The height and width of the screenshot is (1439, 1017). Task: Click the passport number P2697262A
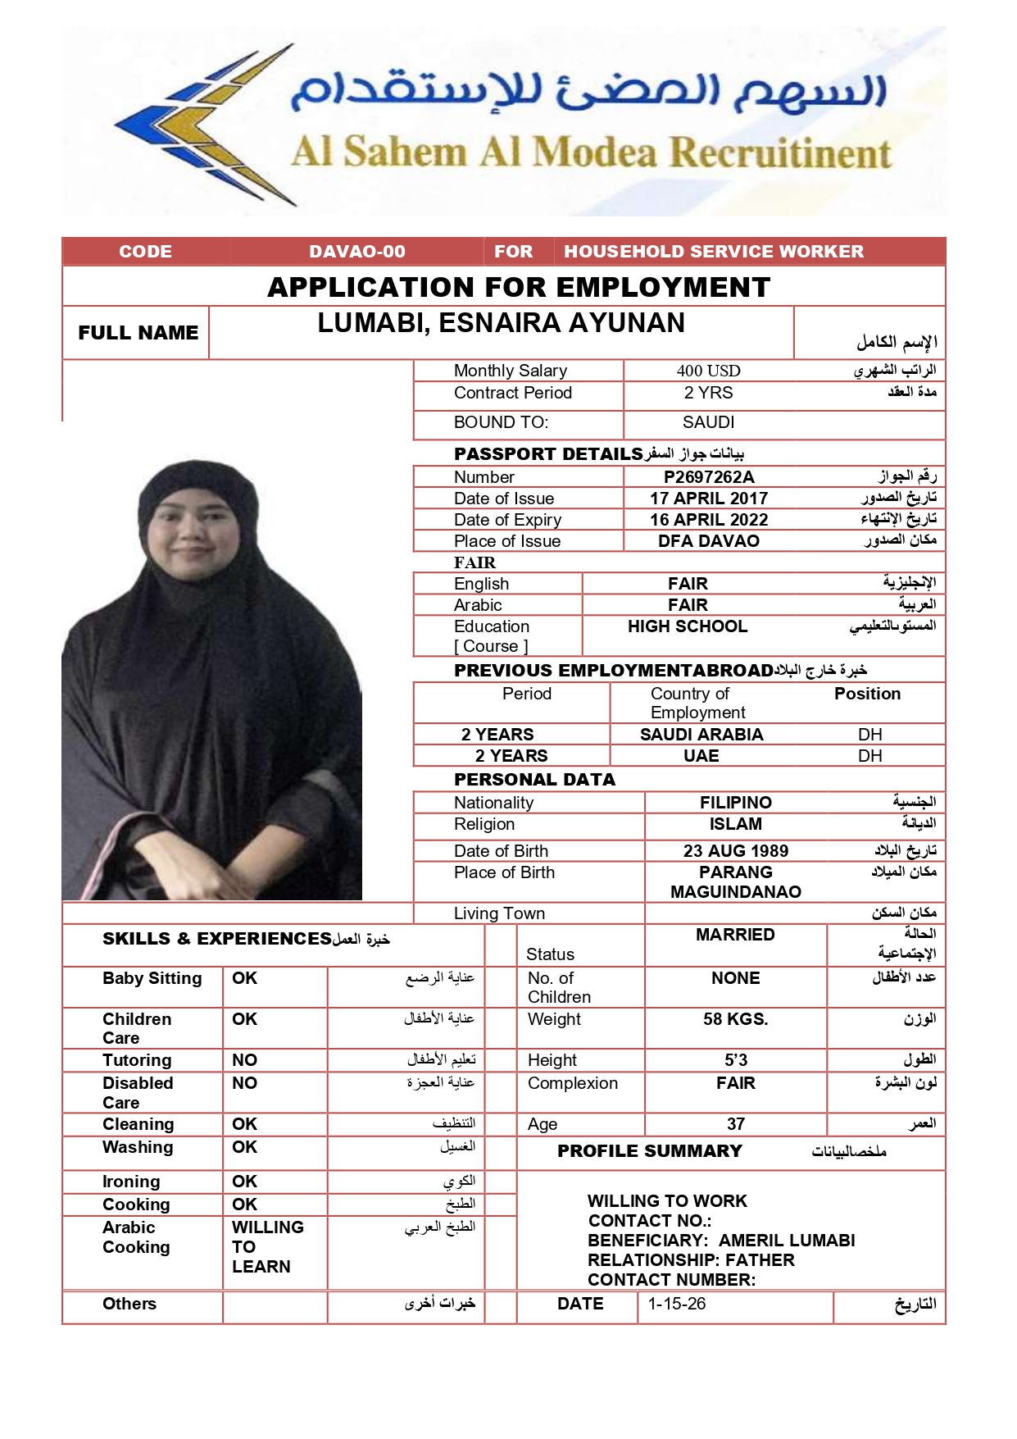[708, 477]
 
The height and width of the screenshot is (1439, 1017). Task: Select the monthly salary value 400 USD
[708, 371]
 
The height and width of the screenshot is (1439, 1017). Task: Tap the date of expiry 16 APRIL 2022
[708, 520]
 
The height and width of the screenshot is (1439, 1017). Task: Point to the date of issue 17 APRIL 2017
[708, 499]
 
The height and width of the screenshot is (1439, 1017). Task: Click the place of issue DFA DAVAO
[708, 541]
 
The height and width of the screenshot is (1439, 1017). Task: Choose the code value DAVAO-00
[357, 252]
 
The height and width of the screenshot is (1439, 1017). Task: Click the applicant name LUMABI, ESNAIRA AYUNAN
[501, 323]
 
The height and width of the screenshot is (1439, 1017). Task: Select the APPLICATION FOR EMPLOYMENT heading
[519, 287]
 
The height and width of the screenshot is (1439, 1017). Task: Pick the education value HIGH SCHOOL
[687, 626]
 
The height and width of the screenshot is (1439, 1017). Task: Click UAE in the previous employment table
[701, 756]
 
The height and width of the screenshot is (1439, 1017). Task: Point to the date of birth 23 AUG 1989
[735, 851]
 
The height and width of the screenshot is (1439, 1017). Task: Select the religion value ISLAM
[735, 824]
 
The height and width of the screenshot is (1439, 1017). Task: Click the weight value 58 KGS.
[735, 1019]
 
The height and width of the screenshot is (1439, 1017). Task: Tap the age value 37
[735, 1124]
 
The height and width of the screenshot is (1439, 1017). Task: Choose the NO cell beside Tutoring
[244, 1060]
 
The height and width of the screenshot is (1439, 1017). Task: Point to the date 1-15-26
[676, 1304]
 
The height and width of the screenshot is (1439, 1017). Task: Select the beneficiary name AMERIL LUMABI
[786, 1241]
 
